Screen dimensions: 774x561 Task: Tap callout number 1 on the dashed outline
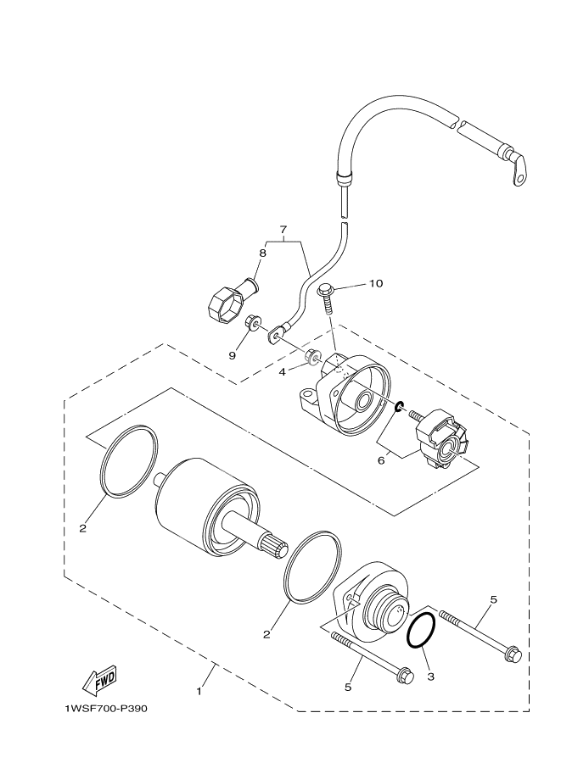pyautogui.click(x=199, y=691)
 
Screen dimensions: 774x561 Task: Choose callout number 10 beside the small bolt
pyautogui.click(x=376, y=283)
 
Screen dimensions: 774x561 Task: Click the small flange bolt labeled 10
pyautogui.click(x=328, y=296)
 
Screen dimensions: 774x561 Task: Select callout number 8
pyautogui.click(x=262, y=253)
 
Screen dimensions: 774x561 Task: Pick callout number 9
pyautogui.click(x=231, y=356)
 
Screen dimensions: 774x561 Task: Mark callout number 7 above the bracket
pyautogui.click(x=284, y=230)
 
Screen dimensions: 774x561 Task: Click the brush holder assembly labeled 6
pyautogui.click(x=440, y=439)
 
